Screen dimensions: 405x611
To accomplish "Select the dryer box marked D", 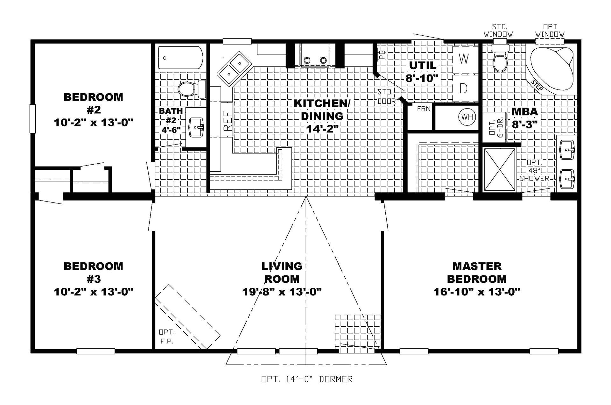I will [x=464, y=88].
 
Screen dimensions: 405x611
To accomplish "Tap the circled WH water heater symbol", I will [x=467, y=117].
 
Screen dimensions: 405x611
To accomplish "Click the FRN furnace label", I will [x=424, y=109].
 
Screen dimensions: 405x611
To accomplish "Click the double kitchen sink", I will [x=234, y=68].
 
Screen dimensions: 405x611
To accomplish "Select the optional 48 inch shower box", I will [x=499, y=169].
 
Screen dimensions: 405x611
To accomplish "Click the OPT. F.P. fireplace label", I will [x=166, y=337].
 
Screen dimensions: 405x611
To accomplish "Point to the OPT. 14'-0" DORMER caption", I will [x=307, y=379].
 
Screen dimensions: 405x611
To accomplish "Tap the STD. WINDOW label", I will [x=498, y=31].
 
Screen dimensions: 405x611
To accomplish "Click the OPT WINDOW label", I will [x=550, y=31].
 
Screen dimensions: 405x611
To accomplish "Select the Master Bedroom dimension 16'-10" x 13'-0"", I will [x=476, y=292].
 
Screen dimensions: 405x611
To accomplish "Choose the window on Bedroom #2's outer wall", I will [x=32, y=118].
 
